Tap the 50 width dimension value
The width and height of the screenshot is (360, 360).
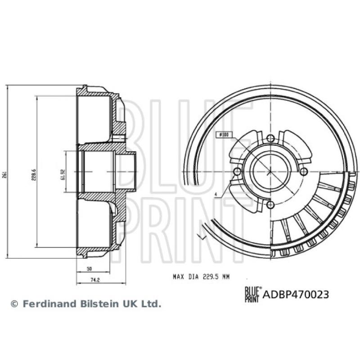click(89, 269)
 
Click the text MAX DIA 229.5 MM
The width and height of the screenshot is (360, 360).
click(201, 277)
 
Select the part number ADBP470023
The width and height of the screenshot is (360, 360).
click(296, 295)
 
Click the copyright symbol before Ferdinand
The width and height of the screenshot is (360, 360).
click(15, 304)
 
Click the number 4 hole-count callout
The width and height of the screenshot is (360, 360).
click(216, 194)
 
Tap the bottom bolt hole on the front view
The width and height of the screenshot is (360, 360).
click(270, 205)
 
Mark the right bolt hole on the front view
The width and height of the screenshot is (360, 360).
click(303, 171)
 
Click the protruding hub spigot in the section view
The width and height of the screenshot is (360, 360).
click(129, 172)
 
